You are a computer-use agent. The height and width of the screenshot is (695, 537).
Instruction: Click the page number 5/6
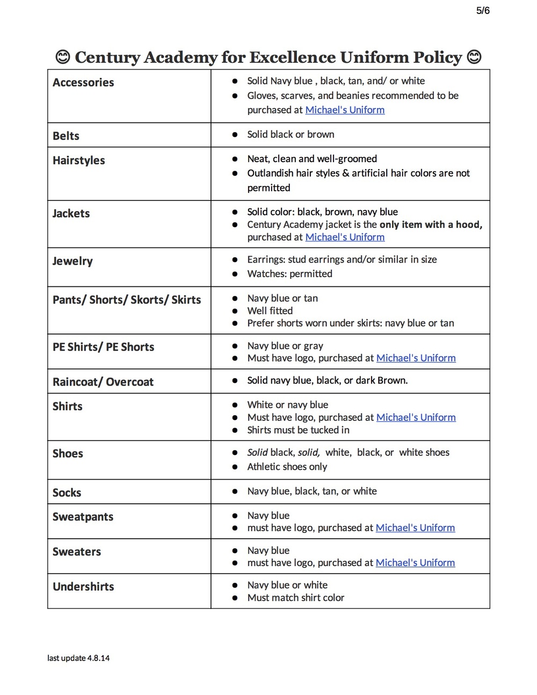click(x=483, y=11)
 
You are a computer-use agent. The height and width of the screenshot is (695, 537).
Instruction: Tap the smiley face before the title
click(x=63, y=57)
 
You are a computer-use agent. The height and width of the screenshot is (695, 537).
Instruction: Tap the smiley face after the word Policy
click(x=474, y=57)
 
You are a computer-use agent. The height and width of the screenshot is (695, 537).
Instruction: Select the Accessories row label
click(x=83, y=83)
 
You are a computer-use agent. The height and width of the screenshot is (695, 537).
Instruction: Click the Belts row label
click(x=66, y=136)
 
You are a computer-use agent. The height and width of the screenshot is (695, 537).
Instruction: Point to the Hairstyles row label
click(x=79, y=161)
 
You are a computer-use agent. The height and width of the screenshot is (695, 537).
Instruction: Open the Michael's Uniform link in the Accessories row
click(x=345, y=110)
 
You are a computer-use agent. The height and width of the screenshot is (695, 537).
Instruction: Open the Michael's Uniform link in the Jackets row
click(x=345, y=237)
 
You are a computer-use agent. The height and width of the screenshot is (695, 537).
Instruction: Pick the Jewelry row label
click(x=72, y=262)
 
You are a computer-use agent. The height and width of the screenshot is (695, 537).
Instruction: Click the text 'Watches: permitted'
click(x=289, y=274)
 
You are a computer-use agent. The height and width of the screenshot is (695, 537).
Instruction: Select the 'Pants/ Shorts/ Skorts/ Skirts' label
click(x=127, y=300)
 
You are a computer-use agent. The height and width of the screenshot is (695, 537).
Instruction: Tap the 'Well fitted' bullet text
click(x=270, y=311)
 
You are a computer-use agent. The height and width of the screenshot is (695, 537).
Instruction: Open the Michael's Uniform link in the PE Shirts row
click(x=416, y=358)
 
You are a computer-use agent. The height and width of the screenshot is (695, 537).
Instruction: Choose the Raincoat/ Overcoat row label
click(x=103, y=382)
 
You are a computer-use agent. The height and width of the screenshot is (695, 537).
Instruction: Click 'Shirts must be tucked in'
click(x=298, y=430)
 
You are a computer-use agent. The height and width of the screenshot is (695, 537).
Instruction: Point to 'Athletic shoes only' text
click(x=287, y=467)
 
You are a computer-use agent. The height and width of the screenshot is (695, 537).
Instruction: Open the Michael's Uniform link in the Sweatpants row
click(x=415, y=528)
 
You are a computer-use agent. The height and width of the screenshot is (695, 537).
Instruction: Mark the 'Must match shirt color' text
click(x=295, y=598)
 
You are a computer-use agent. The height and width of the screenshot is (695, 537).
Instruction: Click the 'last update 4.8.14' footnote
click(x=78, y=658)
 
